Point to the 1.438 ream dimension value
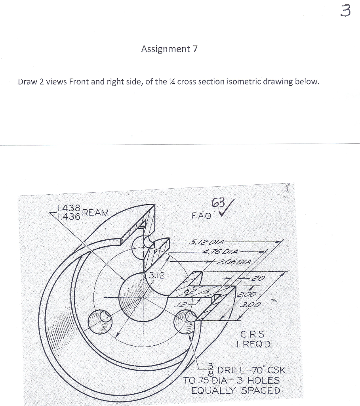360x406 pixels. point(69,208)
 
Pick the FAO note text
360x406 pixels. point(201,216)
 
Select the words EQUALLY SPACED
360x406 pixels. point(235,391)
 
